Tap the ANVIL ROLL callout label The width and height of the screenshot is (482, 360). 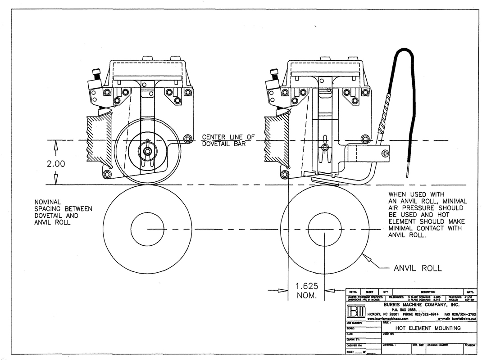pos(418,268)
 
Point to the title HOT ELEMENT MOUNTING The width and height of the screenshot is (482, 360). pos(428,328)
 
